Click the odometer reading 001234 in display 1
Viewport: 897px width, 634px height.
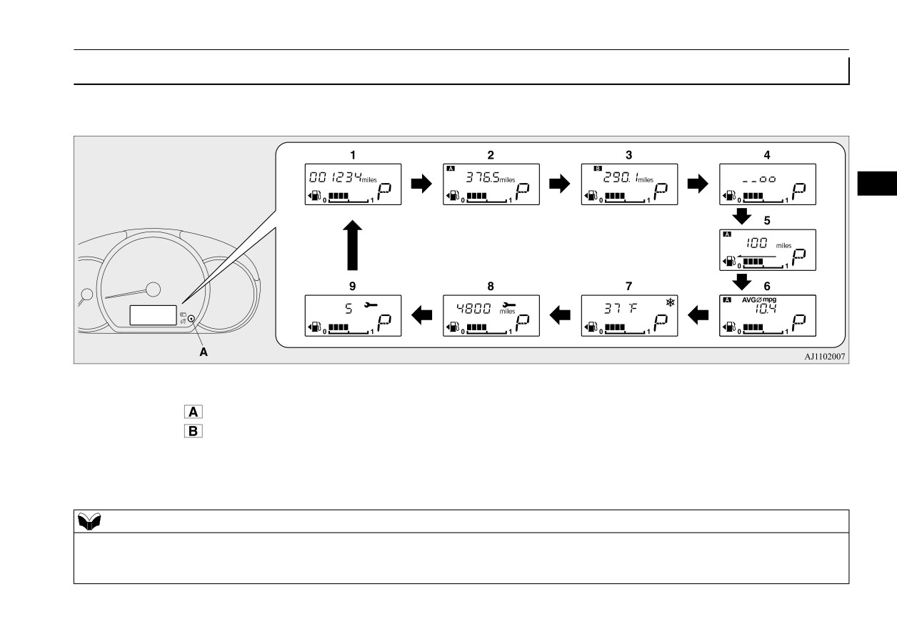coord(336,177)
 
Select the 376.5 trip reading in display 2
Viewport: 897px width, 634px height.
coord(483,177)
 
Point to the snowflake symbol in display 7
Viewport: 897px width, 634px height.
coord(670,302)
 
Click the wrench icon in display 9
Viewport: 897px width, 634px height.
coord(371,305)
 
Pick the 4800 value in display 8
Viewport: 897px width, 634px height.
coord(473,309)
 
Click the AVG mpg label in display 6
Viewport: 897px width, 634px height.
coord(759,299)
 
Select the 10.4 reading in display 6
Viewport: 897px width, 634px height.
coord(766,309)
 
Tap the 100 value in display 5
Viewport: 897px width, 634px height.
coord(757,242)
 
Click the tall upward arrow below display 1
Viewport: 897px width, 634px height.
coord(352,245)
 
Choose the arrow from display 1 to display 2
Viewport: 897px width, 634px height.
coord(421,184)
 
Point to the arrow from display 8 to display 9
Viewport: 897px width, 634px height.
coord(421,315)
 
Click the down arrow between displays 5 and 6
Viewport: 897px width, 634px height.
coord(741,282)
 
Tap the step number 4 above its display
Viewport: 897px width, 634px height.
coord(767,155)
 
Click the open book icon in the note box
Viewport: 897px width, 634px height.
coord(89,521)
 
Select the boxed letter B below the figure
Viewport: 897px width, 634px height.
coord(194,431)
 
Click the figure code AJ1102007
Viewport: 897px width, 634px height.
coord(825,357)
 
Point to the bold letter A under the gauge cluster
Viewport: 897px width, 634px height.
coord(204,352)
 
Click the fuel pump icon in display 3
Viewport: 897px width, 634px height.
coord(592,196)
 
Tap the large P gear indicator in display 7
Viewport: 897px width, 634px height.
coord(661,322)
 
